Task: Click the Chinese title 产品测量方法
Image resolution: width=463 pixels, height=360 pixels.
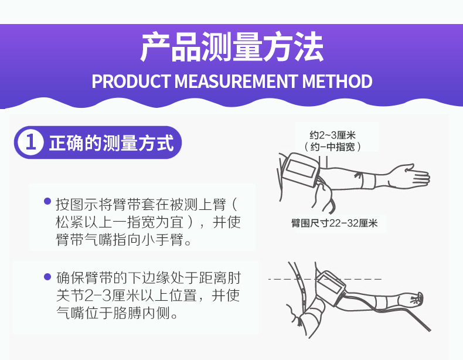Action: point(232,47)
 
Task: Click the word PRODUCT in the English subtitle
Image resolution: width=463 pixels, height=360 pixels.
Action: point(131,81)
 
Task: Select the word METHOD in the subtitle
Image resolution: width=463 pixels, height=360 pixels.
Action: point(337,81)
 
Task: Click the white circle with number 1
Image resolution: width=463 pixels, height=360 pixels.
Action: point(30,142)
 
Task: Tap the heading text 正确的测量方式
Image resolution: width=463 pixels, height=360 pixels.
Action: point(111,143)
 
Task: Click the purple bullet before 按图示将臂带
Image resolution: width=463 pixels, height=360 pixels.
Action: point(47,202)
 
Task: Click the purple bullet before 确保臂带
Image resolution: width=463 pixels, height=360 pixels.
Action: point(47,277)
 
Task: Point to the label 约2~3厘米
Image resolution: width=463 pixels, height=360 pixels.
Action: point(332,135)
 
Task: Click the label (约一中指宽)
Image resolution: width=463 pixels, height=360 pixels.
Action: point(332,147)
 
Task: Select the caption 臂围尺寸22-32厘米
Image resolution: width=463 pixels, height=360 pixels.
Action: point(335,223)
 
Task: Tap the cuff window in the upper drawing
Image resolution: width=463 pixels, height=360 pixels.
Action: point(301,168)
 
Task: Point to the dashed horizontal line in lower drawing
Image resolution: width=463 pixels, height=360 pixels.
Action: point(325,279)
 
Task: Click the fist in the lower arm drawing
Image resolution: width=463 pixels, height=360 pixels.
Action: point(416,298)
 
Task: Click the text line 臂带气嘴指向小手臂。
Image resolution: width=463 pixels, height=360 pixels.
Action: point(124,239)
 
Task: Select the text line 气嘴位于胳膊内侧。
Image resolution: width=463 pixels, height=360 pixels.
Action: point(117,313)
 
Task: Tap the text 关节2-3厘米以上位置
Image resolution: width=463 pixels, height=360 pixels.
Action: point(127,295)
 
